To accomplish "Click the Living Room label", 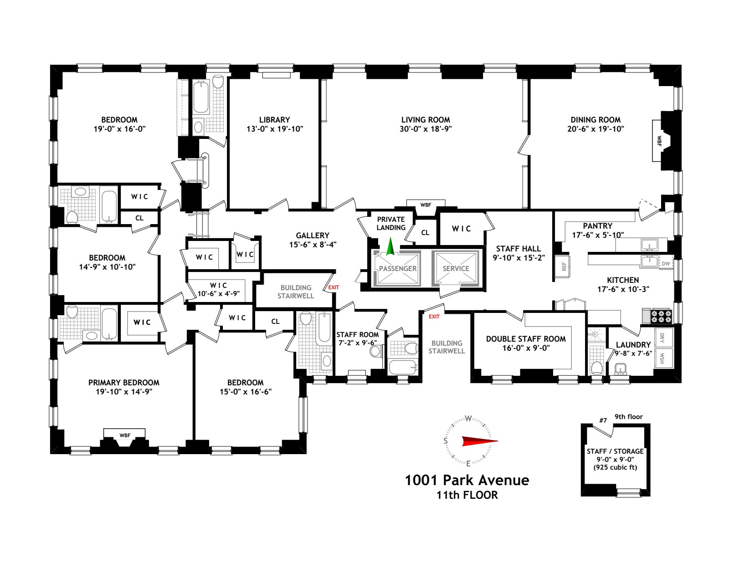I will (x=425, y=120).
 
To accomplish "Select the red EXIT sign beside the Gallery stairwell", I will (x=334, y=287).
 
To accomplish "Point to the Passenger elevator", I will (x=397, y=268).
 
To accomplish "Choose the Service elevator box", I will (x=456, y=268).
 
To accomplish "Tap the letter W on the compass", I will (x=468, y=418).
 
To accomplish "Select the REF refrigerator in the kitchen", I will (x=564, y=266).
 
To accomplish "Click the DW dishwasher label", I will (x=666, y=264).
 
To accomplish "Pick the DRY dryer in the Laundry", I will (x=662, y=338).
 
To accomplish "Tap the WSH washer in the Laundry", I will (x=662, y=358).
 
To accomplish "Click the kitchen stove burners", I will (x=661, y=316).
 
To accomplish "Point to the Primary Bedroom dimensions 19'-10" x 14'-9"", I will (x=123, y=392).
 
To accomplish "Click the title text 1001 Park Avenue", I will (x=467, y=480).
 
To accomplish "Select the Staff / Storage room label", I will (x=615, y=451).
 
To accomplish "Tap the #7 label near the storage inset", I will (x=603, y=420).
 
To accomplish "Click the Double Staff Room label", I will (x=526, y=339).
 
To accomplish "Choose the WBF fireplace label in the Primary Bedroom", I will (x=125, y=435).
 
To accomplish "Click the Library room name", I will (x=274, y=120).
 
